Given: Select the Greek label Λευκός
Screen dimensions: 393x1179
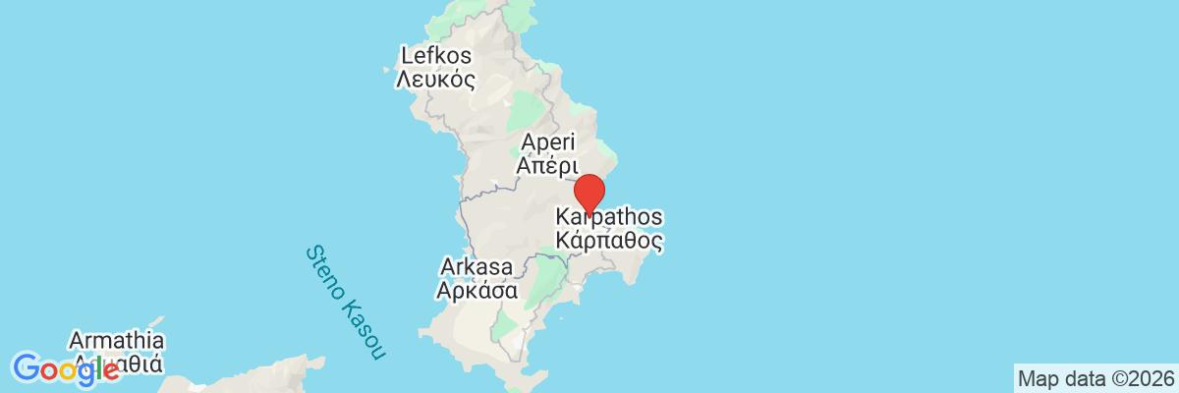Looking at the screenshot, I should [435, 80].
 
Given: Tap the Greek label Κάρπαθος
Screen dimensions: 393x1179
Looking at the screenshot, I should [609, 239].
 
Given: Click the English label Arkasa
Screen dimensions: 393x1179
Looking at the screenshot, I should [477, 267].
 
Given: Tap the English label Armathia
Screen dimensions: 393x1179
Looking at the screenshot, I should [116, 341].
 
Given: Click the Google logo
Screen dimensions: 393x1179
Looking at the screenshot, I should [67, 369].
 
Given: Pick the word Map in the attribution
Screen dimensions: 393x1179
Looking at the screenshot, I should [1036, 378].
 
